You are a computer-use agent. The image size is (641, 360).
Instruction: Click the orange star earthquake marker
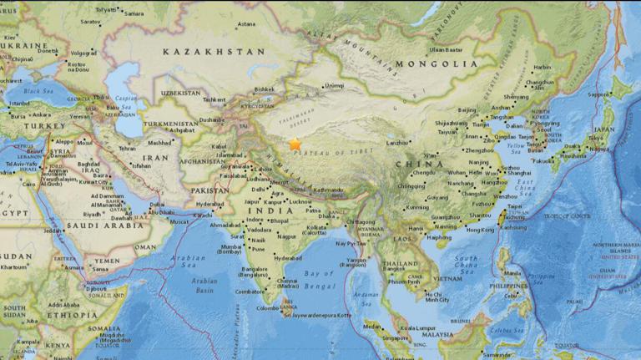pyautogui.click(x=295, y=144)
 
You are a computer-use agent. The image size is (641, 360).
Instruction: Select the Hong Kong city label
pyautogui.click(x=481, y=230)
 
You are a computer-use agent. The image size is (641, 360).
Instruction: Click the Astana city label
pyautogui.click(x=246, y=24)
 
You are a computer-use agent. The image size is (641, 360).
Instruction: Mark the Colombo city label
pyautogui.click(x=267, y=308)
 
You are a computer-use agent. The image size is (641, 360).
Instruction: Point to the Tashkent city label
pyautogui.click(x=215, y=99)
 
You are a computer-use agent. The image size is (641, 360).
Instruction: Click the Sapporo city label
pyautogui.click(x=598, y=94)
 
